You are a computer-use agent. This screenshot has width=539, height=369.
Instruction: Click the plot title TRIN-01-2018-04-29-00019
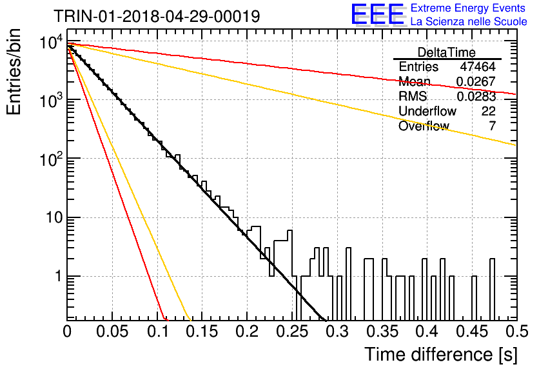click(x=157, y=16)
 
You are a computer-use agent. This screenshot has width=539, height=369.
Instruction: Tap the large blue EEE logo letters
click(x=377, y=14)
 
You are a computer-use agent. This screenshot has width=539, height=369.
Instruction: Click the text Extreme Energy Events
click(x=468, y=8)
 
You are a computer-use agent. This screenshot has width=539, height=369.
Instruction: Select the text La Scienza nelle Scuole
click(x=469, y=21)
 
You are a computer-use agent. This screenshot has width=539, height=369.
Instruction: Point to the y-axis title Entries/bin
click(x=14, y=72)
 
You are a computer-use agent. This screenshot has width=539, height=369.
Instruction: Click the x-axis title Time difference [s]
click(x=441, y=354)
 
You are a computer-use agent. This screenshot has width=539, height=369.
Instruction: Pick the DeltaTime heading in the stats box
click(x=447, y=52)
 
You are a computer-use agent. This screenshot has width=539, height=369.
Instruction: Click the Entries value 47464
click(x=478, y=66)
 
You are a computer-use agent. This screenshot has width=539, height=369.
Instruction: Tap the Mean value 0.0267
click(x=476, y=81)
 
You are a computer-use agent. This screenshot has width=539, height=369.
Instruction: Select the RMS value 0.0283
click(x=476, y=97)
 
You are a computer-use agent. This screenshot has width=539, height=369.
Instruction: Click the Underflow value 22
click(x=489, y=111)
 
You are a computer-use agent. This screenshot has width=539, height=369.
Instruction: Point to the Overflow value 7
click(x=493, y=126)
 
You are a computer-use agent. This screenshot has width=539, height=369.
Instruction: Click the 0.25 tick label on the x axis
click(x=292, y=332)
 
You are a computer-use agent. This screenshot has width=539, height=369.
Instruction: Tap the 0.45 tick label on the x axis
click(x=472, y=332)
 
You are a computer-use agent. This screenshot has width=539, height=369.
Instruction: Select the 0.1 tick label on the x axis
click(x=158, y=332)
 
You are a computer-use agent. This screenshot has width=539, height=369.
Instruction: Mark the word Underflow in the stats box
click(x=427, y=111)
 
